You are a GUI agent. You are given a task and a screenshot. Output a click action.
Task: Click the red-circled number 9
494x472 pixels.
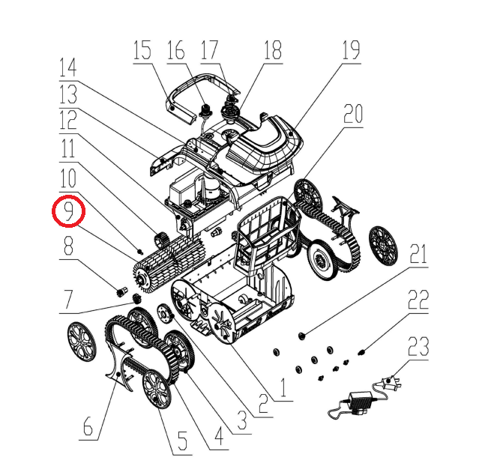tap(69, 211)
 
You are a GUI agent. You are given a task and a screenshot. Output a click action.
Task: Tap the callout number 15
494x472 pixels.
tap(142, 50)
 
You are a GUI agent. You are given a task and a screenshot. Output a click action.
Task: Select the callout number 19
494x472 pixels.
tap(351, 50)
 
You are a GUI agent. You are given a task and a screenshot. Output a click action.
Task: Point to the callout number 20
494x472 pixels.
tap(353, 114)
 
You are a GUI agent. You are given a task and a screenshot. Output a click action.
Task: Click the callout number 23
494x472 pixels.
tap(418, 346)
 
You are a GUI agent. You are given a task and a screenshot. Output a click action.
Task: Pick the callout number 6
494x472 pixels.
tap(88, 426)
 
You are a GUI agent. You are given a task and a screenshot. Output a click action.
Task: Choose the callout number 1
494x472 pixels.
tap(283, 387)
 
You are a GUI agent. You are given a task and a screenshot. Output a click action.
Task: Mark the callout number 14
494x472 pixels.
tap(67, 68)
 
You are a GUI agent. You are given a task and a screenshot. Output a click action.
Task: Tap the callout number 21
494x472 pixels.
tap(418, 254)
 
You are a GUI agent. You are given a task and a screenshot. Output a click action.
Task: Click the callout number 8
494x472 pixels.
tap(69, 246)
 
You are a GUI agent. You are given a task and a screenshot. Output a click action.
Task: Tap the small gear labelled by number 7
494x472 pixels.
tap(136, 298)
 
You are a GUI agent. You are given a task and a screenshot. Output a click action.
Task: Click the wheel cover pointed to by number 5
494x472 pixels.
tap(157, 389)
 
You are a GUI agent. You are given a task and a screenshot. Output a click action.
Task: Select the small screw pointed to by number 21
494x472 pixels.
tap(302, 336)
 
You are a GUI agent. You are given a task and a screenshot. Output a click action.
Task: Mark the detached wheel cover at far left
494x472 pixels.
tap(81, 342)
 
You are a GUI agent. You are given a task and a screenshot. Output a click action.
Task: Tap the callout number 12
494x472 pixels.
tap(67, 121)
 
